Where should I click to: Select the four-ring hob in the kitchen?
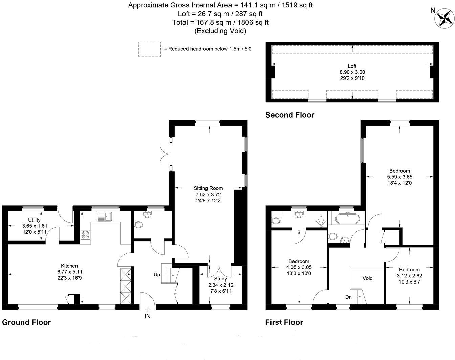85,234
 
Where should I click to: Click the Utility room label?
34,220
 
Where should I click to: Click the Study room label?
220,279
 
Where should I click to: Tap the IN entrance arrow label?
148,316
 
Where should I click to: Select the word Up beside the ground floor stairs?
157,275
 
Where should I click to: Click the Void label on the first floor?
367,278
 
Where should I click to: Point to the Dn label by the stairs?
348,297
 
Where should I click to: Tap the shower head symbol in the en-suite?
320,222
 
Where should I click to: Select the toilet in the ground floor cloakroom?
139,224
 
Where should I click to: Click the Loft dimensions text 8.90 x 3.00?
352,72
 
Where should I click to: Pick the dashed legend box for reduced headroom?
149,49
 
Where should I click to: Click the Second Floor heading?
290,115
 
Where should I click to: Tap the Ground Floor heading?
26,322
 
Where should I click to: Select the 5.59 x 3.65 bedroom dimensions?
399,177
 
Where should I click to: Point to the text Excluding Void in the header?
220,31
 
